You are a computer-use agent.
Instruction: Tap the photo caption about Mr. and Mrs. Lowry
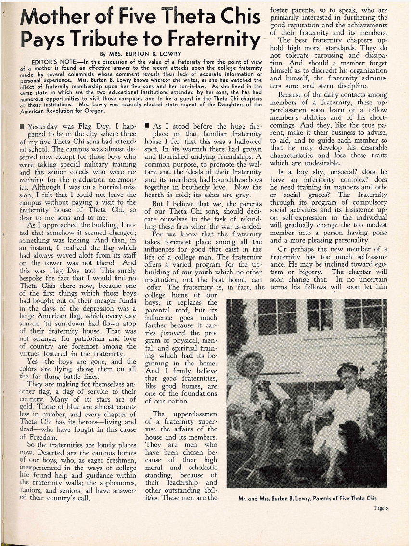coord(308,498)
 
